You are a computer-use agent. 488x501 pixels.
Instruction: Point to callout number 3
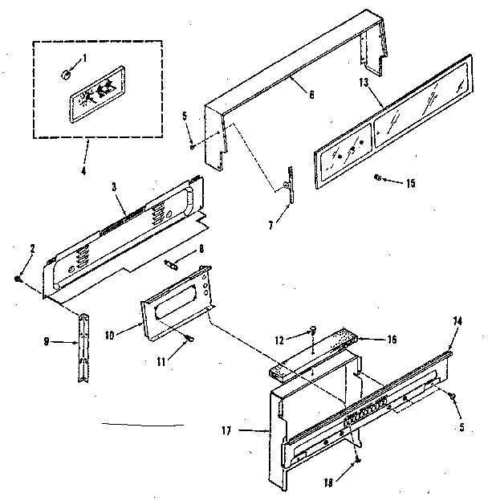pos(114,186)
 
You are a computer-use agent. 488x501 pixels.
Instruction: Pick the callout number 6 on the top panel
pos(311,94)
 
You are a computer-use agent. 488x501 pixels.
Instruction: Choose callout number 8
pos(201,248)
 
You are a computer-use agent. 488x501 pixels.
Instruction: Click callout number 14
pos(458,320)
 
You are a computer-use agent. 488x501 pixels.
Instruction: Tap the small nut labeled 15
pos(378,177)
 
